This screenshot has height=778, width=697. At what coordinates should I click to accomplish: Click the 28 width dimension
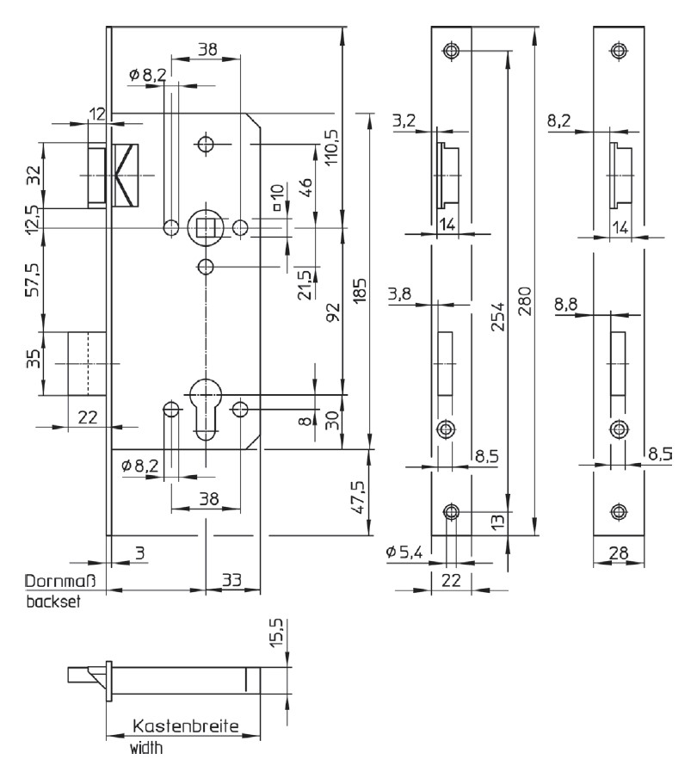coord(616,552)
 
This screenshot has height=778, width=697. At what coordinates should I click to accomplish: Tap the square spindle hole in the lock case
coord(206,226)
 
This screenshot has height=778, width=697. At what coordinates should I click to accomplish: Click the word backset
coord(52,602)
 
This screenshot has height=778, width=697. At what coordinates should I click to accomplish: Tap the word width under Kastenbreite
coord(146,749)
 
